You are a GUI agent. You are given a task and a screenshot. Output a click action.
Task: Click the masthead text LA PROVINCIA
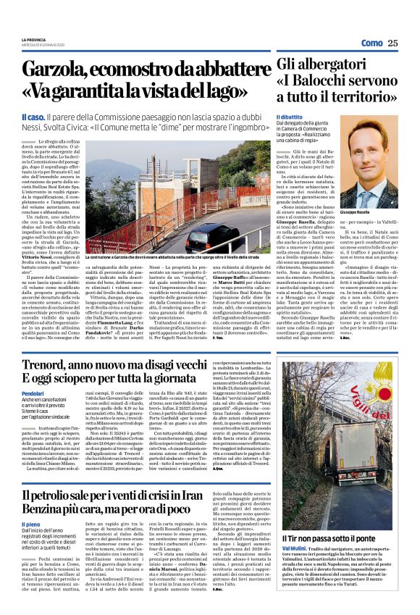[33, 39]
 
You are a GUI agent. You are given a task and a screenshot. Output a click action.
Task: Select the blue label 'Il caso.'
[33, 117]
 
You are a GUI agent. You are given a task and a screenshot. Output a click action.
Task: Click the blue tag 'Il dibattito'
[289, 117]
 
